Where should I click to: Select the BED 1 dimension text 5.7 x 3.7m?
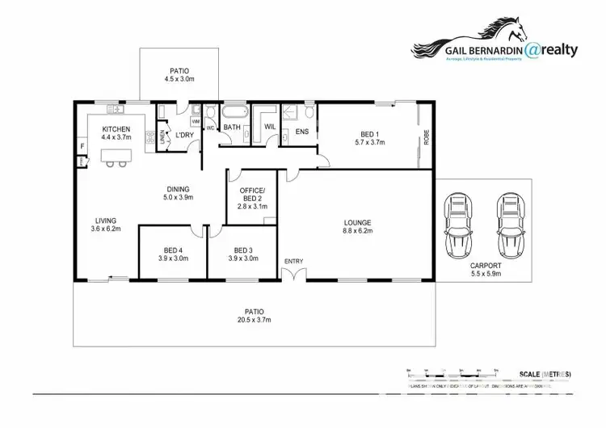click(369, 142)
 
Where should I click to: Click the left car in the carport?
click(458, 224)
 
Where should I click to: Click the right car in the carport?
click(509, 224)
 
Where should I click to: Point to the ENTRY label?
click(292, 261)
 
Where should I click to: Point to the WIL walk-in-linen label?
click(271, 127)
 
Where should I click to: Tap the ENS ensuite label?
click(303, 131)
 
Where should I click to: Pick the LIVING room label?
click(106, 220)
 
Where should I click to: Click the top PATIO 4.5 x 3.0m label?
click(179, 70)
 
